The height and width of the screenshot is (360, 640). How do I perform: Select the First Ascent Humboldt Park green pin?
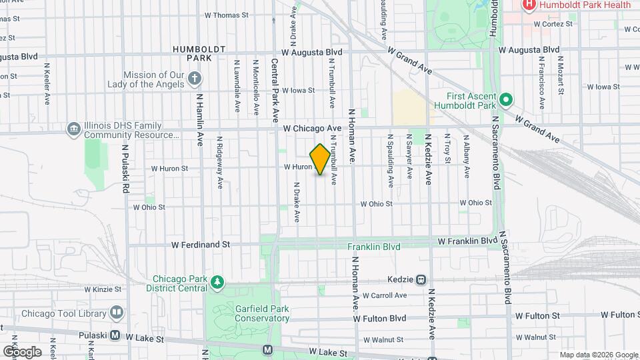tap(505, 100)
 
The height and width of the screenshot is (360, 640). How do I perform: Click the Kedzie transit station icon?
tap(421, 280)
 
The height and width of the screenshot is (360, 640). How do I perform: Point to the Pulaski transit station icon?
tap(115, 335)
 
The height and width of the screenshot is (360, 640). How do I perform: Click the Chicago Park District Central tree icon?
tap(217, 283)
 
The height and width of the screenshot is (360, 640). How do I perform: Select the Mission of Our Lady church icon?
tap(194, 80)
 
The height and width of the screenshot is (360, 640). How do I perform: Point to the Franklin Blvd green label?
tap(374, 247)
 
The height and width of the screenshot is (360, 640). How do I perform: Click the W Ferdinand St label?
tap(200, 245)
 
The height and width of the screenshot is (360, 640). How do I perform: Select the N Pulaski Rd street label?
tap(124, 170)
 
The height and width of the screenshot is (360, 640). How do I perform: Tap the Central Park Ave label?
tap(275, 90)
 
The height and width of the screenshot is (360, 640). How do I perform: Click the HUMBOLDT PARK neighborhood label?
tap(199, 53)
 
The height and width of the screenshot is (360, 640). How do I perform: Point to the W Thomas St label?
tap(226, 14)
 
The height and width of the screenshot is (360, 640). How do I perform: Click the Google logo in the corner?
tap(22, 351)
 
